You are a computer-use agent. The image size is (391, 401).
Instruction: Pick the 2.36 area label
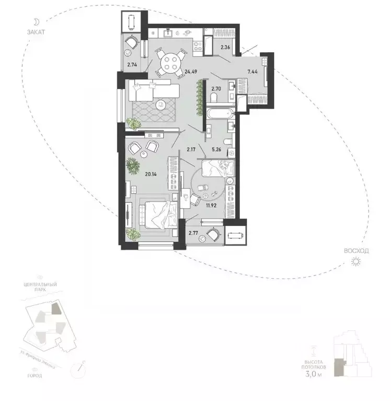coord(225,48)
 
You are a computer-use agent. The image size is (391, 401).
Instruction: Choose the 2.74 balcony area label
coord(132,65)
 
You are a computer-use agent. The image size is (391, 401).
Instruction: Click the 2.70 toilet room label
coord(216,89)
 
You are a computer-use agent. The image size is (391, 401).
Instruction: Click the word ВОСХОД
coord(356,251)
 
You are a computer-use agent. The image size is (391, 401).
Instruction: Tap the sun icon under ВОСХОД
coord(356,261)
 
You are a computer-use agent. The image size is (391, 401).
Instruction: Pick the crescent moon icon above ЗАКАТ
coord(37,21)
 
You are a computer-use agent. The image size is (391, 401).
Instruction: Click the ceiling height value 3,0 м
coord(317,374)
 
